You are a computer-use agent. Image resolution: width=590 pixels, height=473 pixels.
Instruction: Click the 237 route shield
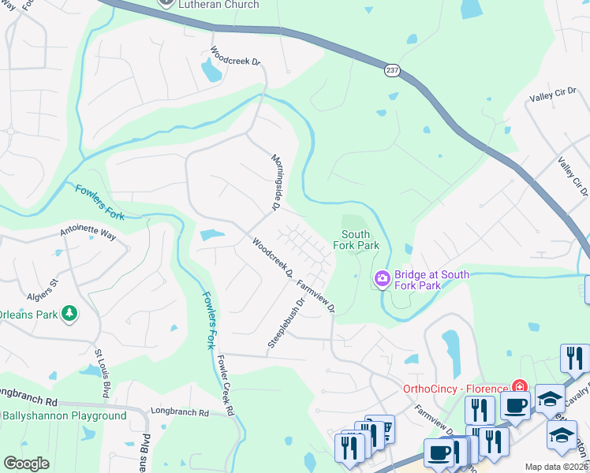tap(392, 71)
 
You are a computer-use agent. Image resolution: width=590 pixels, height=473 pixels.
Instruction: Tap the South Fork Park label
tap(356, 240)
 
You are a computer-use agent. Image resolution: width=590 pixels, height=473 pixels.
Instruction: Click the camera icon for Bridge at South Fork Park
tap(383, 278)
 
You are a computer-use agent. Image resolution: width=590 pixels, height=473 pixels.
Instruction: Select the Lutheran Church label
tap(219, 5)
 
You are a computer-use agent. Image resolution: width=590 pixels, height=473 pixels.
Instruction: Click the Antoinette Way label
tap(88, 234)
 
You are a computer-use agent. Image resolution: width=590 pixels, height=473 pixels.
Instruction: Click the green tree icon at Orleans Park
tap(69, 313)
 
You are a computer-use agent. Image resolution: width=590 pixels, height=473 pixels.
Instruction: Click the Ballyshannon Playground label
tap(64, 415)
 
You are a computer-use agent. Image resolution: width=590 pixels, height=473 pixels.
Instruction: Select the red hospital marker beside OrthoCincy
tap(519, 387)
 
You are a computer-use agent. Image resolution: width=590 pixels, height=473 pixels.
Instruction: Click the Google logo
tap(26, 464)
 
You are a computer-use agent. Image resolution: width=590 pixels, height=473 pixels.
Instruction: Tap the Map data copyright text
tap(557, 467)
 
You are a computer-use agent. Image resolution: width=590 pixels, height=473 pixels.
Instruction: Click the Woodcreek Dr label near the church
tap(235, 58)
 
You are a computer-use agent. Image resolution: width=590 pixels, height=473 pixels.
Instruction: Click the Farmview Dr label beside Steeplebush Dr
tap(316, 293)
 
